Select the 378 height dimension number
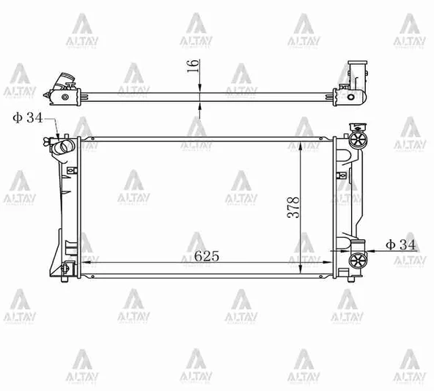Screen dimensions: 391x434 point(292,209)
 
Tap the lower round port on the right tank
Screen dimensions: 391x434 point(358,260)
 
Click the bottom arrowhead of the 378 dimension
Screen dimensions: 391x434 point(301,271)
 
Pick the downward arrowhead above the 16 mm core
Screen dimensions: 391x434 point(199,87)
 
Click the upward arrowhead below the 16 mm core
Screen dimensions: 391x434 point(199,103)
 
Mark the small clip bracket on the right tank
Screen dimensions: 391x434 point(342,175)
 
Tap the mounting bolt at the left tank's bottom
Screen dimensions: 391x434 point(68,268)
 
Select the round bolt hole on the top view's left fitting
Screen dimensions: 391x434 point(65,96)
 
